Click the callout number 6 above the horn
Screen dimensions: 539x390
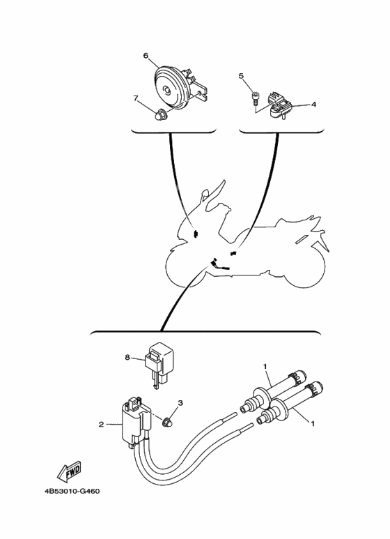pyautogui.click(x=146, y=55)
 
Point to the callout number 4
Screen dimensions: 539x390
pyautogui.click(x=313, y=105)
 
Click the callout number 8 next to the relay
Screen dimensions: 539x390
pyautogui.click(x=128, y=357)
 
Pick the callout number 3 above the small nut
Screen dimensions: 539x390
pyautogui.click(x=180, y=403)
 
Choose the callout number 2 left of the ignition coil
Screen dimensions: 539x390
pyautogui.click(x=102, y=423)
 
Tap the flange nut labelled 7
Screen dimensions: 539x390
pyautogui.click(x=161, y=114)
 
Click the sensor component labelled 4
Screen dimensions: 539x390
pyautogui.click(x=281, y=106)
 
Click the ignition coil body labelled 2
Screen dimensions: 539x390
pyautogui.click(x=132, y=427)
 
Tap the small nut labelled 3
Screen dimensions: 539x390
pyautogui.click(x=169, y=421)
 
